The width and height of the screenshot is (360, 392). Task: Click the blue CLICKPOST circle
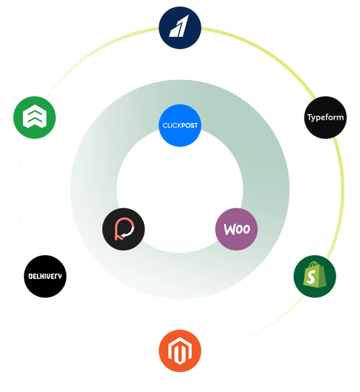tap(179, 125)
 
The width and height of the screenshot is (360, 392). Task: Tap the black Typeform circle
tap(325, 117)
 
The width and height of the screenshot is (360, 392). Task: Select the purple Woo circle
tap(236, 229)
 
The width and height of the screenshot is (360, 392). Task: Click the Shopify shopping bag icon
tap(315, 276)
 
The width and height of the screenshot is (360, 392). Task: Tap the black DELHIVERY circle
tap(45, 276)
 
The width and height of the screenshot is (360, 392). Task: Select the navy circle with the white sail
tap(179, 29)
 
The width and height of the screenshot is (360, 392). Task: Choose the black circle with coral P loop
tap(124, 230)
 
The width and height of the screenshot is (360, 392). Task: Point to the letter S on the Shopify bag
tap(313, 278)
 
